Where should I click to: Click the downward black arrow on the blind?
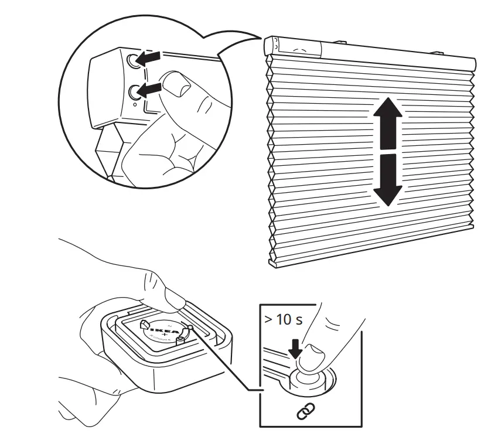pyautogui.click(x=387, y=178)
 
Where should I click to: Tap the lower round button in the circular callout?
pyautogui.click(x=135, y=91)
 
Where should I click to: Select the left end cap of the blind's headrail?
pyautogui.click(x=270, y=45)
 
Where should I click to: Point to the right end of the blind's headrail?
pyautogui.click(x=472, y=62)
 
